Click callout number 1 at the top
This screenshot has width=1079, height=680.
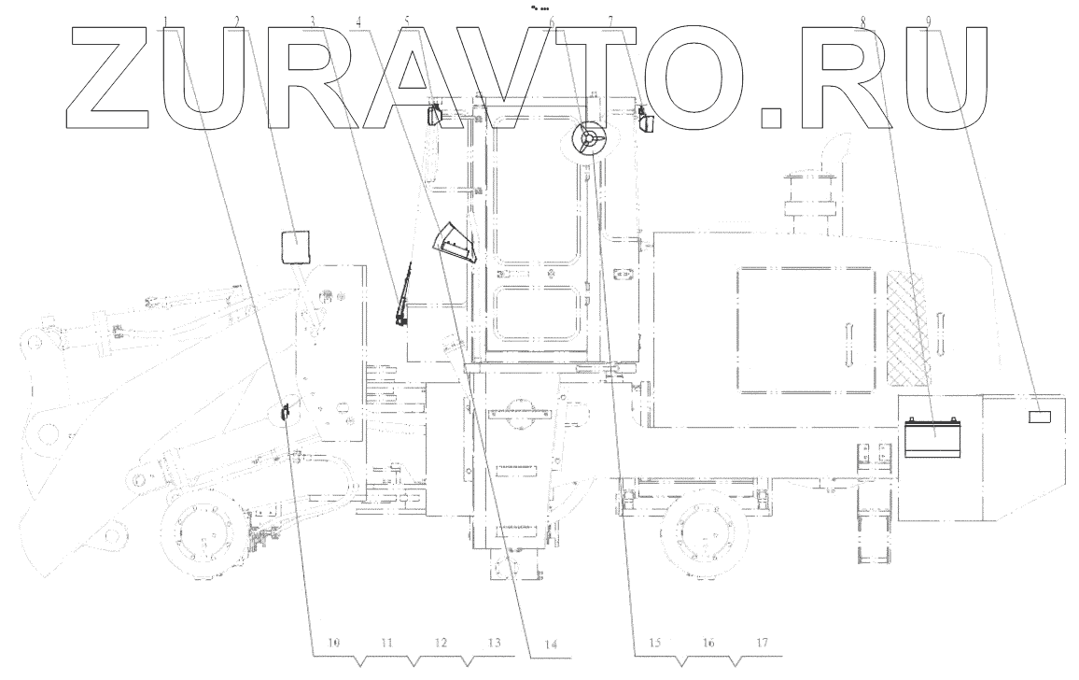(165, 20)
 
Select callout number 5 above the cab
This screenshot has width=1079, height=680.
(407, 20)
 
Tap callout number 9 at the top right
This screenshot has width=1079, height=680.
(925, 20)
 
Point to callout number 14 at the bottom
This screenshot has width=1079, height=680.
(551, 644)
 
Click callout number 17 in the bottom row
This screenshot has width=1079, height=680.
(763, 643)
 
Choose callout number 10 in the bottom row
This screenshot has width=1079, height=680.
(333, 643)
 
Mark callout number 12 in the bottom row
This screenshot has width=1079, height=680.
(441, 643)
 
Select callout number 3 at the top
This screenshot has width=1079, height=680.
(313, 20)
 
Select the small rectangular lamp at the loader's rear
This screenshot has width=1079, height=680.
(1041, 415)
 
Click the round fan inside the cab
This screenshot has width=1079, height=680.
(590, 141)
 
